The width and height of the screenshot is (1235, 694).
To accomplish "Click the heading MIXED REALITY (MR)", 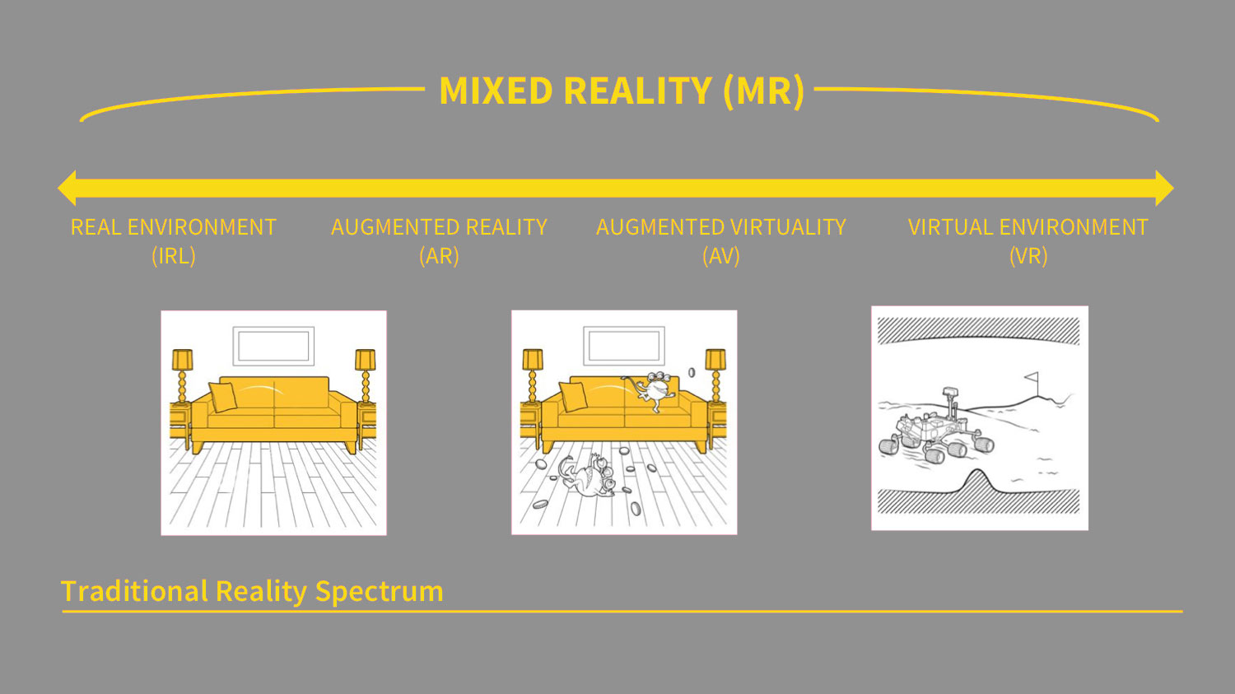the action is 622,91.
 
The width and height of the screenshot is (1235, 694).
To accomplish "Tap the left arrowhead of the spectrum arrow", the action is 68,188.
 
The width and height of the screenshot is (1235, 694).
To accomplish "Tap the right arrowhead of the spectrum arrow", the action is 1164,188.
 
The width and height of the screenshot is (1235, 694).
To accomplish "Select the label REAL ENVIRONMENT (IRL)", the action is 174,241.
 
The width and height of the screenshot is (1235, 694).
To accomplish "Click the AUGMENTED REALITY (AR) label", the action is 439,241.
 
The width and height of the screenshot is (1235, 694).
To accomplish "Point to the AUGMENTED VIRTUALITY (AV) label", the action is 721,241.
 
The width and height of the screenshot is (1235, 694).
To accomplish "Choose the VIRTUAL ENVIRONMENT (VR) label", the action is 1028,241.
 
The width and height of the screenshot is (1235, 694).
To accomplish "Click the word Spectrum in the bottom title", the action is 380,592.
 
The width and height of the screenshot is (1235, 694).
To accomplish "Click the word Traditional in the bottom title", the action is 134,591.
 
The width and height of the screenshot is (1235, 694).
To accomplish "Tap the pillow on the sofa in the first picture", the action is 223,397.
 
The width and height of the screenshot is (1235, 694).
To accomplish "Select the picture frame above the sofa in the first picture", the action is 273,346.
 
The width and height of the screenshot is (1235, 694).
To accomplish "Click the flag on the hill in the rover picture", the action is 1032,378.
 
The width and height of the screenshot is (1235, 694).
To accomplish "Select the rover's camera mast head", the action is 949,393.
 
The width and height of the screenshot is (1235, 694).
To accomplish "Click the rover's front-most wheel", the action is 934,456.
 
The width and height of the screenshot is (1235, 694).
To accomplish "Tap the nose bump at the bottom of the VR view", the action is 977,481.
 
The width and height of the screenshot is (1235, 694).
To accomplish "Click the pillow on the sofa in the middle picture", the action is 573,397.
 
